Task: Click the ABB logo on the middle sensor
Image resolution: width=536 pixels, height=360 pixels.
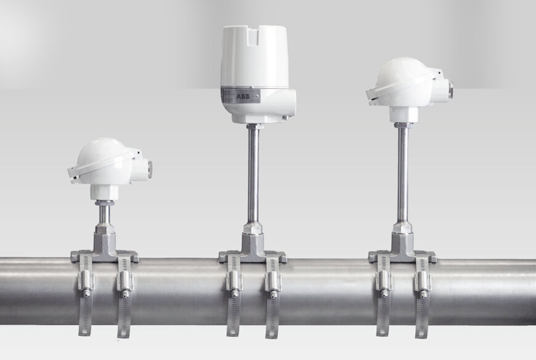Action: pyautogui.click(x=243, y=96)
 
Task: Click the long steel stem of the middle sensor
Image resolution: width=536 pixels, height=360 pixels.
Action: pyautogui.click(x=253, y=174)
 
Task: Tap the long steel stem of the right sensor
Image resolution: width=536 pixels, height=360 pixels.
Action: pyautogui.click(x=402, y=174)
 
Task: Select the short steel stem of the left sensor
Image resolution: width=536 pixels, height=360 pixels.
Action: pyautogui.click(x=104, y=213)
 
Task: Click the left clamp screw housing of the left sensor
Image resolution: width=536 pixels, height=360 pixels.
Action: pyautogui.click(x=86, y=280)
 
